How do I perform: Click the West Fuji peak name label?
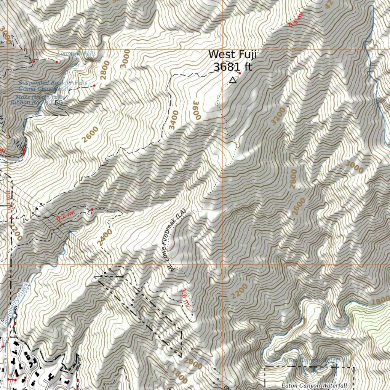click(x=232, y=54)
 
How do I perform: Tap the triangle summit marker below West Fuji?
click(x=233, y=80)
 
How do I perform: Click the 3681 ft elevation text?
click(x=232, y=67)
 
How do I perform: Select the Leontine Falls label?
click(x=77, y=54)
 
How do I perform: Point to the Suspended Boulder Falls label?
click(x=53, y=83)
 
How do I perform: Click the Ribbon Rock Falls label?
click(x=37, y=102)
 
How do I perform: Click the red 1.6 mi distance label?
click(x=186, y=298)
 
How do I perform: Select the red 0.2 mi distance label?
click(x=66, y=216)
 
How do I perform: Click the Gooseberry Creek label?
click(x=16, y=304)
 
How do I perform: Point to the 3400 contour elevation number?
click(x=174, y=120)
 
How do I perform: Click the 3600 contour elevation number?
click(x=197, y=110)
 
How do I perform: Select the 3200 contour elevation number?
click(x=278, y=116)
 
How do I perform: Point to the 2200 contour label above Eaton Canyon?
click(x=239, y=291)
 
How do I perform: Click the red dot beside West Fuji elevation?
click(x=240, y=73)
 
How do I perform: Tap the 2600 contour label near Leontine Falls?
click(x=90, y=134)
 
